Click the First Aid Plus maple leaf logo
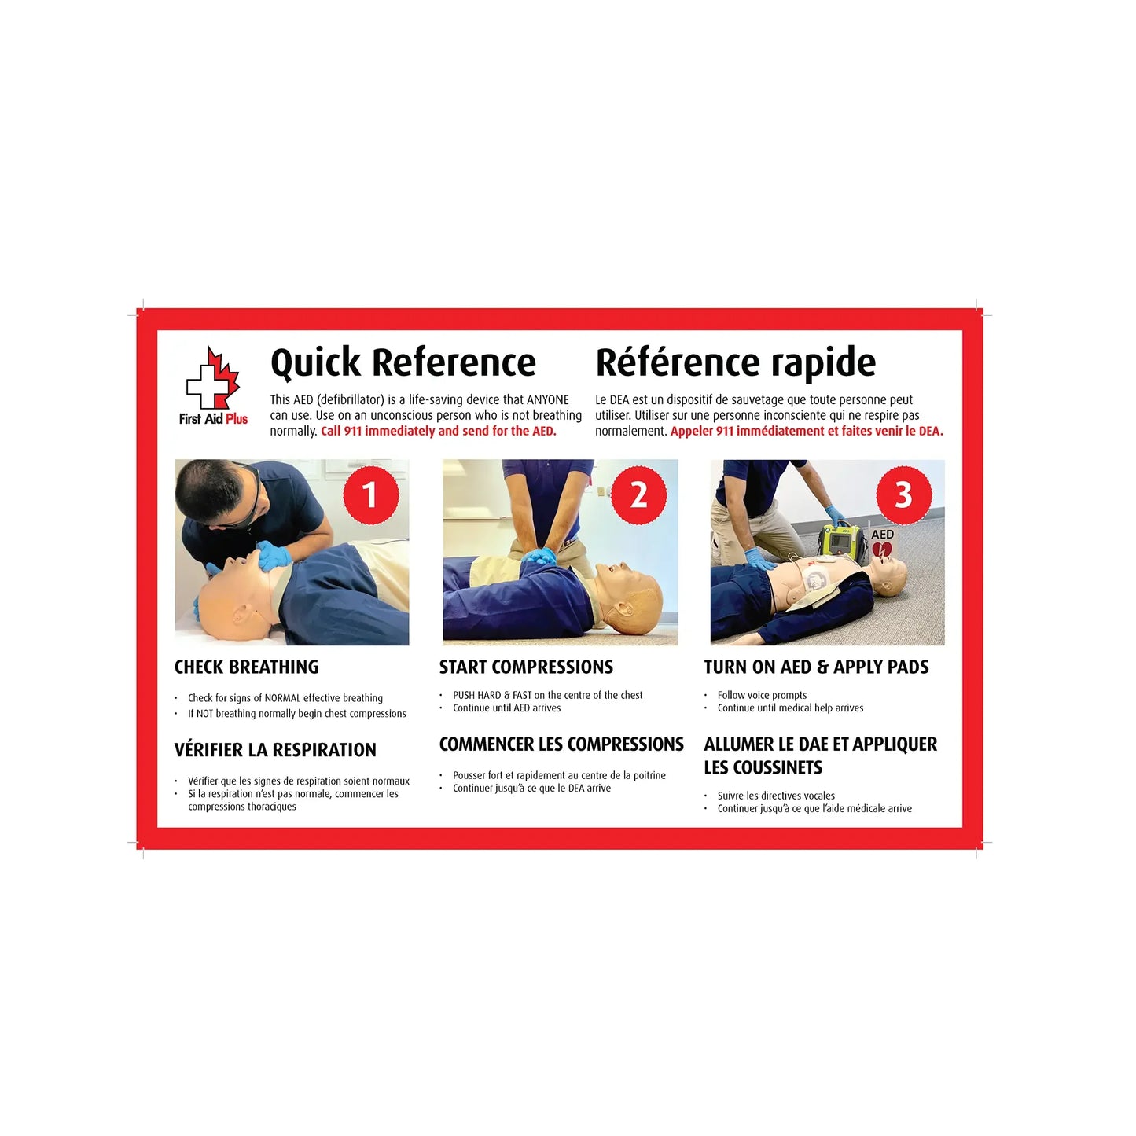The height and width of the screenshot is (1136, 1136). click(x=212, y=380)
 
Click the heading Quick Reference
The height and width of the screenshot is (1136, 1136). click(x=403, y=363)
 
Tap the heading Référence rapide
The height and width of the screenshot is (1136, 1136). click(x=735, y=363)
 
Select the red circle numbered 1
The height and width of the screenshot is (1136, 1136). click(x=370, y=495)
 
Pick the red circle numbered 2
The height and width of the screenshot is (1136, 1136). click(x=638, y=495)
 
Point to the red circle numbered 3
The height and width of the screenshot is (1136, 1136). click(x=903, y=495)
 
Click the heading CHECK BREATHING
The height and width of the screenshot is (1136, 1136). click(x=246, y=667)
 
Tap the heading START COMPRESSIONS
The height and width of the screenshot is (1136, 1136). click(x=525, y=667)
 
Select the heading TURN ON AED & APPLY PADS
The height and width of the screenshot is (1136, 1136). click(x=816, y=667)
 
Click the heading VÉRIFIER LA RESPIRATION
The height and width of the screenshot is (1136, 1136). click(x=275, y=750)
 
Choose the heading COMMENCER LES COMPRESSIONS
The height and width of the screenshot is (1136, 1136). click(x=561, y=744)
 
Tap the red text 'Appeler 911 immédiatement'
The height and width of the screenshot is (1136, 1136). click(x=747, y=431)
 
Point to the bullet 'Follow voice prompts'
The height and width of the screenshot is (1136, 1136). click(x=762, y=695)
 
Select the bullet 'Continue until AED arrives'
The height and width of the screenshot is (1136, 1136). click(x=506, y=708)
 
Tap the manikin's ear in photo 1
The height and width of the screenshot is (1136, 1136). click(x=239, y=612)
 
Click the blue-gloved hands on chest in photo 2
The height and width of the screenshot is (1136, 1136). click(x=539, y=557)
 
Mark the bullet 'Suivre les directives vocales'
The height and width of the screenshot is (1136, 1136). click(x=776, y=796)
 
